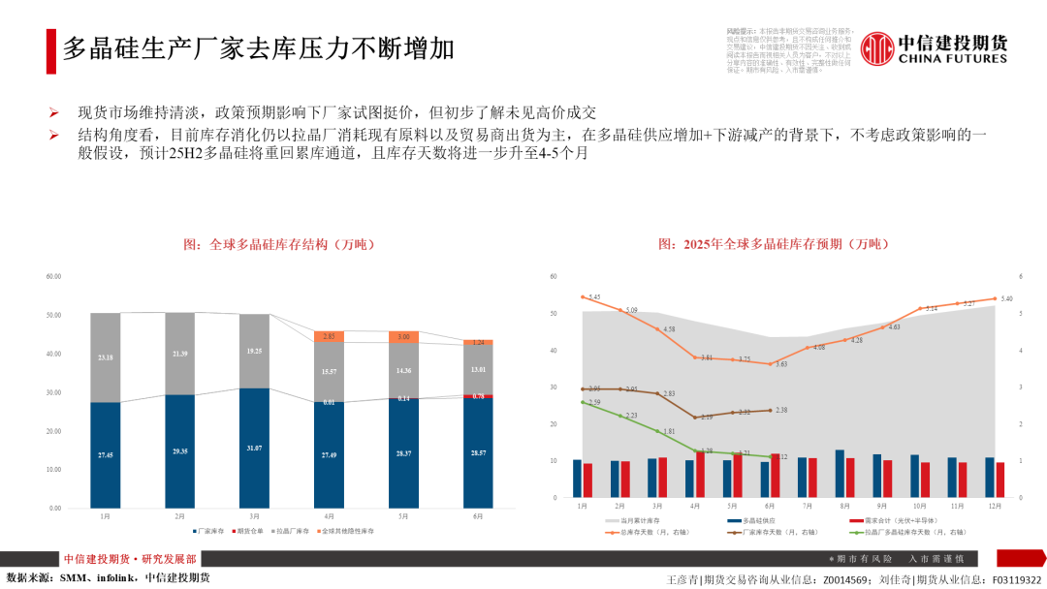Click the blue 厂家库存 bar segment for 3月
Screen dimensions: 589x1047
[x=254, y=448]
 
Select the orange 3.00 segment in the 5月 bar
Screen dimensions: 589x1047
[x=403, y=336]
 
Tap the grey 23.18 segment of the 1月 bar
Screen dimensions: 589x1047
[x=105, y=357]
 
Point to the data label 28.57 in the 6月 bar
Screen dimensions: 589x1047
[x=478, y=453]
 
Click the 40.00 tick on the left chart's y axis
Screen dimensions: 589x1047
[x=53, y=354]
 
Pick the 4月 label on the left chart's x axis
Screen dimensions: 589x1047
[x=329, y=516]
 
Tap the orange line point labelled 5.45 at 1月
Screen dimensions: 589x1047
[x=583, y=296]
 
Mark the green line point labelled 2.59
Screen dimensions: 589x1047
[x=583, y=402]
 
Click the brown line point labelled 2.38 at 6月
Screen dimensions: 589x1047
[x=771, y=410]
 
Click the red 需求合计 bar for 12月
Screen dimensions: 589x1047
[x=1000, y=480]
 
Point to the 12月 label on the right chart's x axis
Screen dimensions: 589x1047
[x=995, y=506]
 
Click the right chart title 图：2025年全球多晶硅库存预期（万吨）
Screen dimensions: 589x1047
[x=773, y=244]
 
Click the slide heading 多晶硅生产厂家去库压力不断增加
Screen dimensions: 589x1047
[x=259, y=48]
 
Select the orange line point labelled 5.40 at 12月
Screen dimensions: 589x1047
[x=995, y=298]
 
